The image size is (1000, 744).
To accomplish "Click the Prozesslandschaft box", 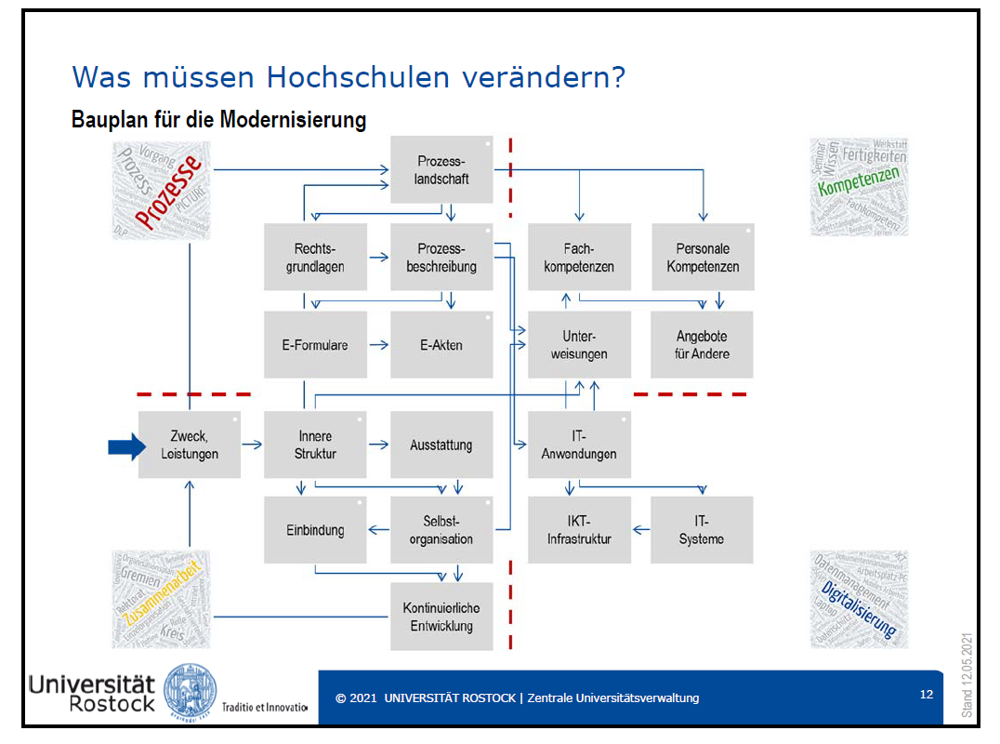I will (441, 169).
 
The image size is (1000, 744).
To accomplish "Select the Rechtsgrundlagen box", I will (315, 258).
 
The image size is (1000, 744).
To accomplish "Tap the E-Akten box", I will (441, 345).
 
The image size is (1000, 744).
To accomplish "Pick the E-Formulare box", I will (315, 345).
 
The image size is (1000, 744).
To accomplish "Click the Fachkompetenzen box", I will (579, 258).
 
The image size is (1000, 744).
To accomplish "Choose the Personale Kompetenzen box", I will (703, 258).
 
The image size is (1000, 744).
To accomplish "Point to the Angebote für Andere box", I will (703, 345).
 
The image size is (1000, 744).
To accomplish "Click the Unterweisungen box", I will (579, 345).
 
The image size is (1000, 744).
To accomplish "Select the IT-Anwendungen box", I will (579, 445).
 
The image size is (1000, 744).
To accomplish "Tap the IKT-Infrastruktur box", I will (579, 530).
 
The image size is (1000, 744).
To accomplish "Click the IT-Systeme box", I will (702, 530).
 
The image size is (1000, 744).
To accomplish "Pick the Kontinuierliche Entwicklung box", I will (441, 617).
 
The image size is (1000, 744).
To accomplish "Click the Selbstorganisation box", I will (441, 530).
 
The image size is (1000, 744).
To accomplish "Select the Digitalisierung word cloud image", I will (859, 598).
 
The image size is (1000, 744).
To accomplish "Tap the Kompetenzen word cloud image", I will (859, 187).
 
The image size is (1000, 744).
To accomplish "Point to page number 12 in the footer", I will (926, 694).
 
